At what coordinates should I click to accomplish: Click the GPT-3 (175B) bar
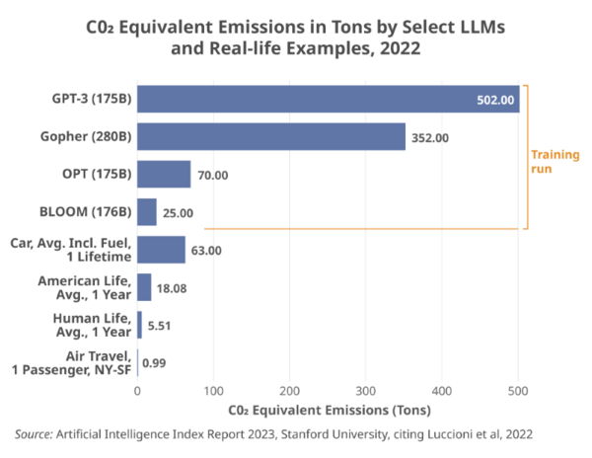tap(329, 99)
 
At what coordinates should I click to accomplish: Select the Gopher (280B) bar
tap(271, 136)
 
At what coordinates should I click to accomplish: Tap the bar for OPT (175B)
tap(164, 174)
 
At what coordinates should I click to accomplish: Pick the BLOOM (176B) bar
tap(147, 212)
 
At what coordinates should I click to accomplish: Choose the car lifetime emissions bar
tap(161, 250)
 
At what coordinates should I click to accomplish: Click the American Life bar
tap(144, 287)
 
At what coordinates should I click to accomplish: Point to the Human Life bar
tap(139, 325)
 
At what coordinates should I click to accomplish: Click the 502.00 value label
tap(495, 100)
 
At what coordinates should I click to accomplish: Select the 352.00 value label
tap(430, 138)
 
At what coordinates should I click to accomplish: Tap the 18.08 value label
tap(172, 288)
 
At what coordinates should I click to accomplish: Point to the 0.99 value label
tap(154, 363)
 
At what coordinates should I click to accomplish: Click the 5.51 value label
tap(159, 326)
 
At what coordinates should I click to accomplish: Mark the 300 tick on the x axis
tap(365, 391)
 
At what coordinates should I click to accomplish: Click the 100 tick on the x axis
tap(213, 391)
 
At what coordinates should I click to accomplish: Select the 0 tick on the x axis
tap(137, 391)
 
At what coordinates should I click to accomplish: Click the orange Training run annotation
tap(555, 162)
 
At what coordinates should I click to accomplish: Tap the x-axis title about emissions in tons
tap(330, 410)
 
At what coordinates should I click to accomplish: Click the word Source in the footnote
tap(34, 434)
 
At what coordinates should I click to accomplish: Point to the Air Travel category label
tap(71, 363)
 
